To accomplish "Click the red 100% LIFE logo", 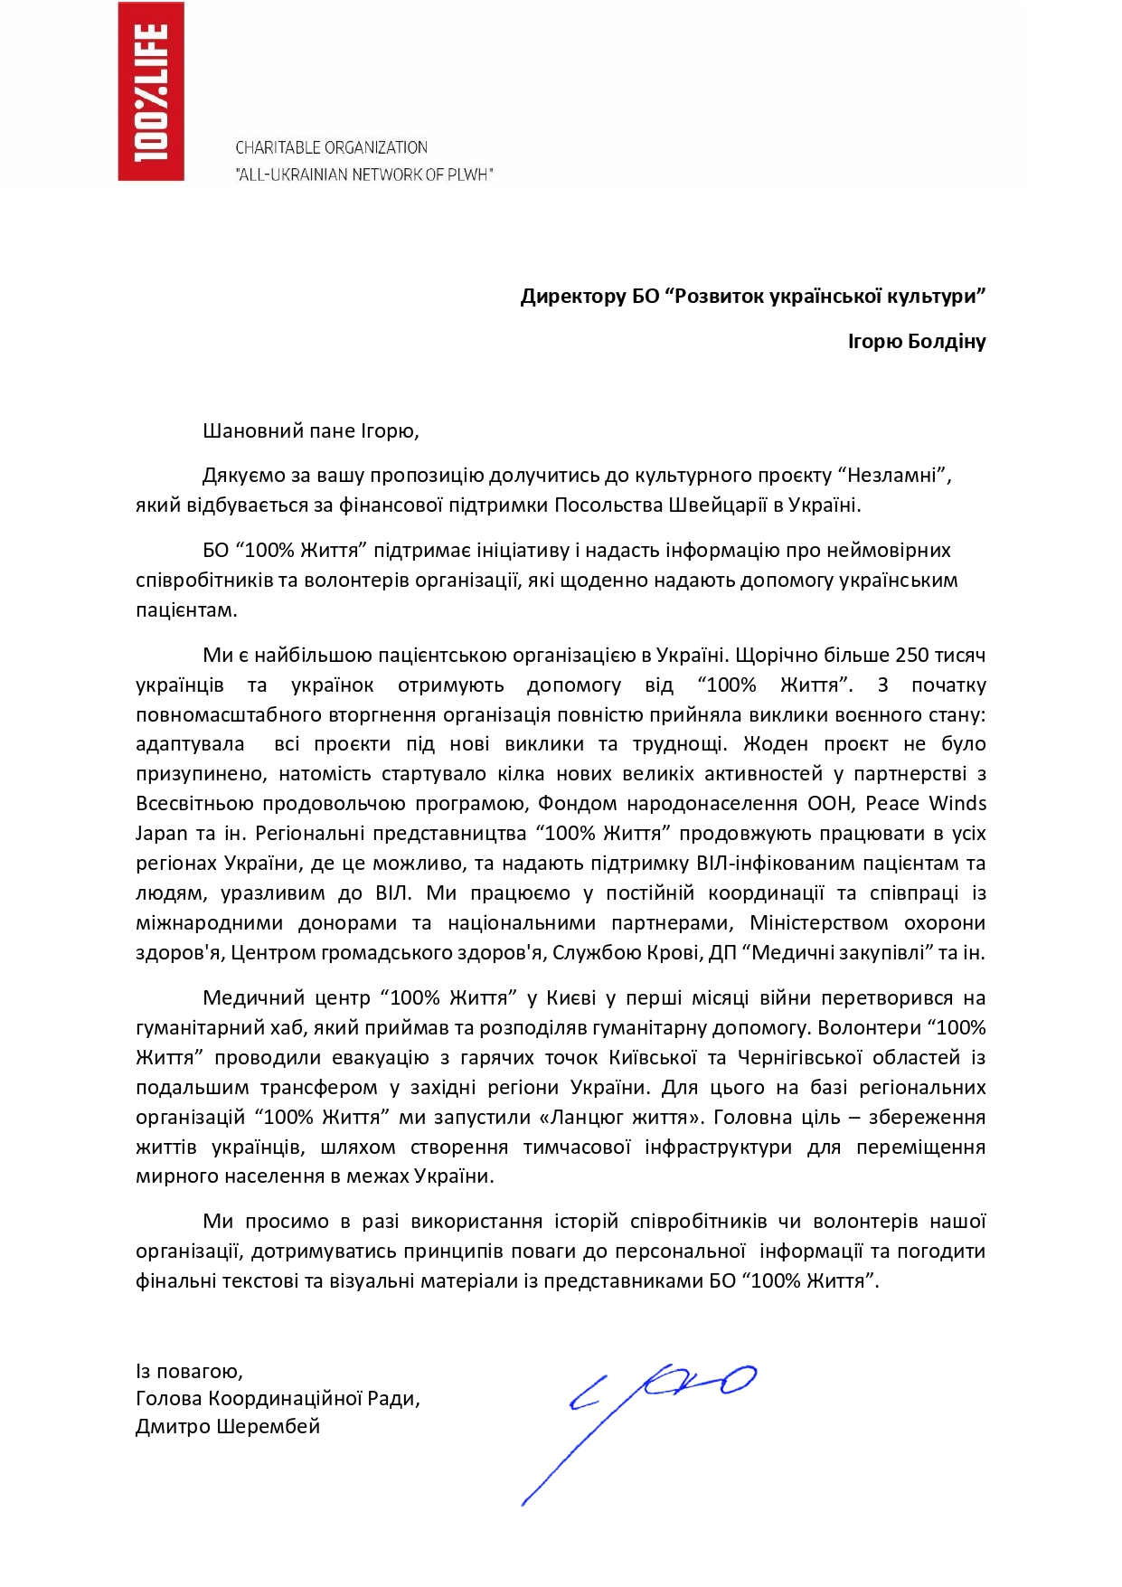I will [x=151, y=91].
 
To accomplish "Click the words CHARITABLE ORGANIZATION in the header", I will [x=331, y=147].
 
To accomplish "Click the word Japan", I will [x=162, y=834].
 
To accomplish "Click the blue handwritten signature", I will [x=651, y=1420].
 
